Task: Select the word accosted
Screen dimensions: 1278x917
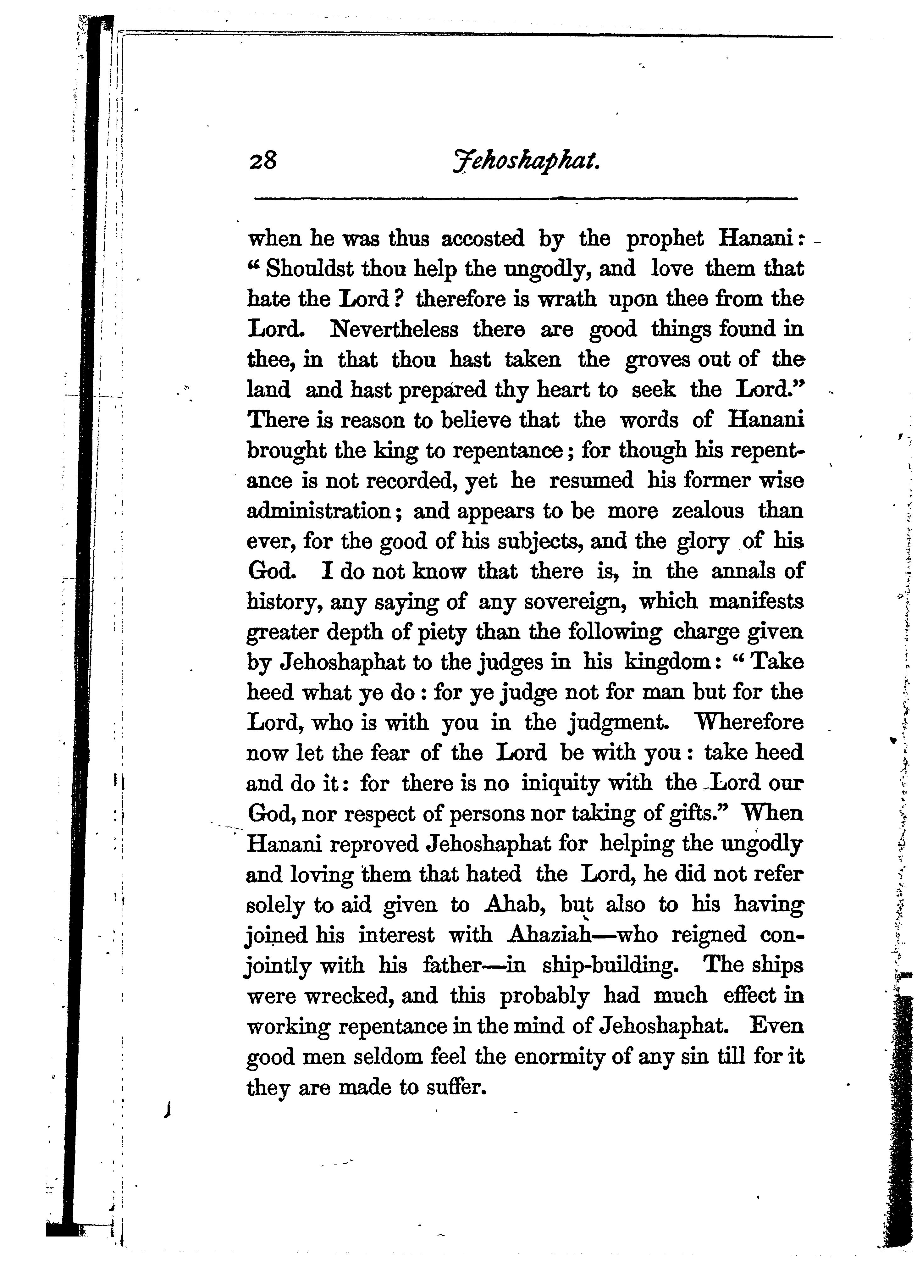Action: (x=483, y=239)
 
